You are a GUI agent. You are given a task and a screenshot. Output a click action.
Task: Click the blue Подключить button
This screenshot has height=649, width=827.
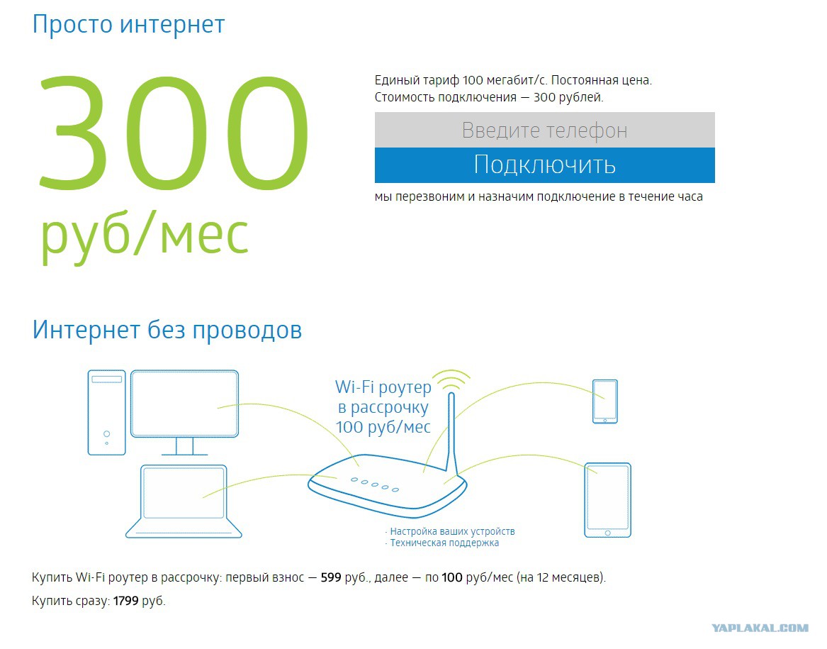coord(544,165)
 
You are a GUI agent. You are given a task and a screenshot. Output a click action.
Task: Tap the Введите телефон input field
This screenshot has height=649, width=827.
coord(544,130)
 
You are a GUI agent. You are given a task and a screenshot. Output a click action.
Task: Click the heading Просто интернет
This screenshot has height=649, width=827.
coord(128,24)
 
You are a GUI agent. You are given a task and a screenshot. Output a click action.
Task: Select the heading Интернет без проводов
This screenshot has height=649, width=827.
coord(167,330)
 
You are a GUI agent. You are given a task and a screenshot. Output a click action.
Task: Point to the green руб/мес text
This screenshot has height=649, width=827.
coord(145,235)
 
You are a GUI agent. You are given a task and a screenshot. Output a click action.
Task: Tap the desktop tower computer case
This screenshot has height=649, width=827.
coord(106,412)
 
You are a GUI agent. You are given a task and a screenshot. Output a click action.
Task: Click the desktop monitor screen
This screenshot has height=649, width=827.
coord(184,404)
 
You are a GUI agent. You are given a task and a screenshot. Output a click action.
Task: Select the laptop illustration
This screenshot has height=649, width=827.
coord(184,501)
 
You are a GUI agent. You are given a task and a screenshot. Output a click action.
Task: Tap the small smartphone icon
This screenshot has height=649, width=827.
coord(605,401)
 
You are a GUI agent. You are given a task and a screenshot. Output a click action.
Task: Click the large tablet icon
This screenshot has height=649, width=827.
coord(607,500)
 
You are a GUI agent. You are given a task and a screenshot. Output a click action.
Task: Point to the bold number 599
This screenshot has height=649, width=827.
coord(331,577)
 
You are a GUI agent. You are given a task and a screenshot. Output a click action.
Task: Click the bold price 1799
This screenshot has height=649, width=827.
coord(125,601)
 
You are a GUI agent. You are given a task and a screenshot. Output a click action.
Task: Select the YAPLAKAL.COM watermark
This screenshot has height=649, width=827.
coord(760,628)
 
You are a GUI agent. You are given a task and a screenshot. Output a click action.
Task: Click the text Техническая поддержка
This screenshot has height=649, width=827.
coord(444,543)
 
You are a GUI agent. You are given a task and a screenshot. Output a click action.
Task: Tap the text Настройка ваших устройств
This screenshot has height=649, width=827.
coord(452,531)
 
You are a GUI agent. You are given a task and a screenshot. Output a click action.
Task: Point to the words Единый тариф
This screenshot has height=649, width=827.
coord(417,81)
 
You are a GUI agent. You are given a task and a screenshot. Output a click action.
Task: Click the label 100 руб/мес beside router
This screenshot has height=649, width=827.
coord(383,427)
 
